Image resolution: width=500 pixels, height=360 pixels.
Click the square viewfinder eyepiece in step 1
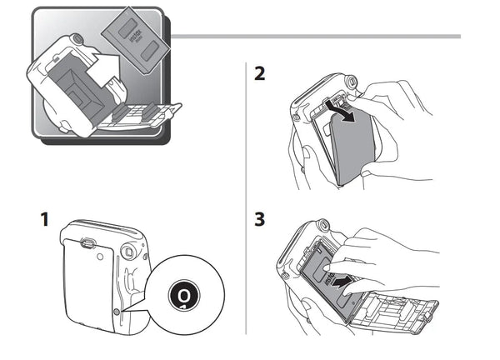tap(127, 251)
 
